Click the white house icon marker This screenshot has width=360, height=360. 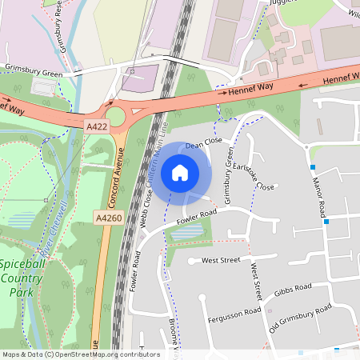tap(180, 172)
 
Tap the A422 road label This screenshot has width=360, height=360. tap(96, 126)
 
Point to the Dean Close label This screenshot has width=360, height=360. tap(203, 143)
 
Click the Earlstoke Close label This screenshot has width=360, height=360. tap(254, 176)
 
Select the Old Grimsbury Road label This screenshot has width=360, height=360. tap(300, 318)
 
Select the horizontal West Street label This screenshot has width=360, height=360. tap(221, 260)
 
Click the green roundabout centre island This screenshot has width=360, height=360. tap(115, 117)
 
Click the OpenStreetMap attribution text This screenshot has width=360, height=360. tap(81, 354)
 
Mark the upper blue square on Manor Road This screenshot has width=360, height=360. tap(313, 167)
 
